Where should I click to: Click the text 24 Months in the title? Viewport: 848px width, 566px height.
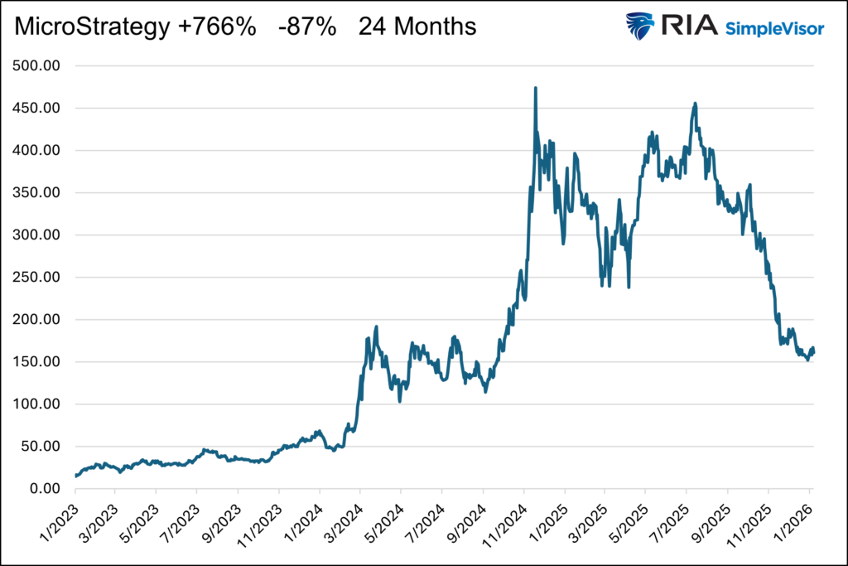click(417, 27)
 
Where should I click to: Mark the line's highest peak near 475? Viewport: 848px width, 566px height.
click(536, 88)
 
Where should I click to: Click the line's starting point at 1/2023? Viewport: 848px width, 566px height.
click(76, 476)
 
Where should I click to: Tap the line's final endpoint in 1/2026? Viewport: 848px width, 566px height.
click(813, 351)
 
